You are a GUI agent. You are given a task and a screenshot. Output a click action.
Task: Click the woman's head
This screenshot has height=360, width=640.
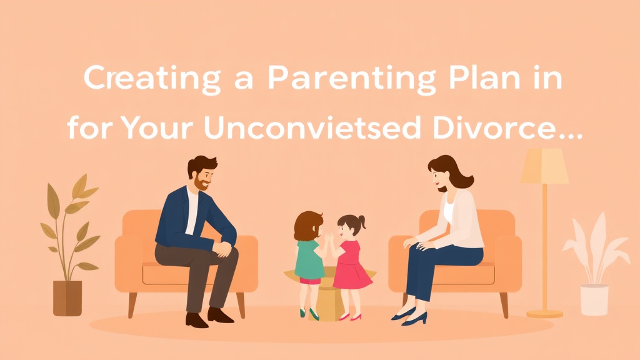click(x=444, y=172)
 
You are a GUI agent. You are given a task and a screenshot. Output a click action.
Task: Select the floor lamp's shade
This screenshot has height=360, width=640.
click(x=544, y=166)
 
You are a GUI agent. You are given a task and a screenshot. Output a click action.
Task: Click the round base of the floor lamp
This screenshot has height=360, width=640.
click(x=544, y=312)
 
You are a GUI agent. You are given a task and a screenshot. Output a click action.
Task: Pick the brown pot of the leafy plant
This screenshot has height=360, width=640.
click(x=67, y=297)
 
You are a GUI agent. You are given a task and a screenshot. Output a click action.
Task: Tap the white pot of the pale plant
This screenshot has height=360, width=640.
click(x=594, y=299)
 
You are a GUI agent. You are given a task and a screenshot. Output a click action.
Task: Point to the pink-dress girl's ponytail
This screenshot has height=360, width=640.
click(x=361, y=222)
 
